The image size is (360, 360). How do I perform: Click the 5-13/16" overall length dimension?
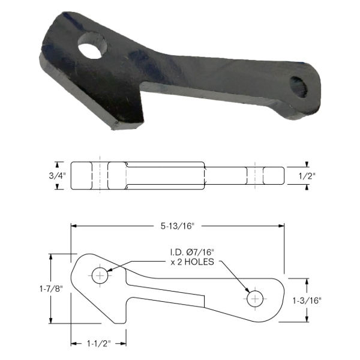point(177,226)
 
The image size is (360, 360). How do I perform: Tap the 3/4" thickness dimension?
point(57,176)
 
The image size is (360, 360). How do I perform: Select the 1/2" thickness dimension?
point(307,176)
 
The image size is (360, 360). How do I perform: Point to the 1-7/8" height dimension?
point(51,289)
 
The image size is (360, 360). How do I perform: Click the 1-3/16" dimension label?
point(307,301)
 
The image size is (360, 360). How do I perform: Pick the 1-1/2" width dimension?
point(99,344)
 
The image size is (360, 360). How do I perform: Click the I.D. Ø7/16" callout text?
point(192,253)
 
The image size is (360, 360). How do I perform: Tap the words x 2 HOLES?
point(192,262)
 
